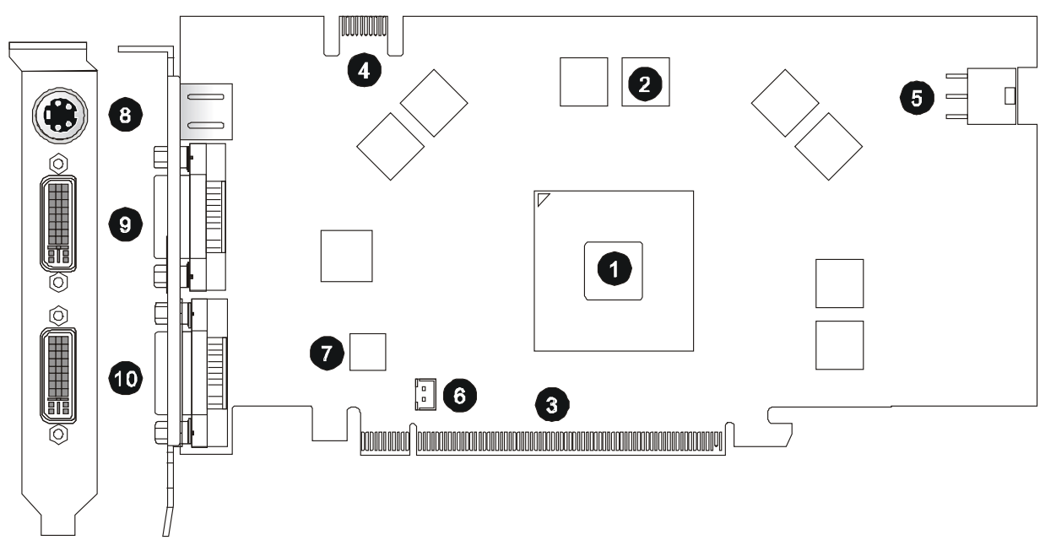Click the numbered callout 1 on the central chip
614,269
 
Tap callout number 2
644,82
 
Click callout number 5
916,96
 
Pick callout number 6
459,394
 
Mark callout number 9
125,224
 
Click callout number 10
125,378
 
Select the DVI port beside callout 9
57,224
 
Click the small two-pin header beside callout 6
422,393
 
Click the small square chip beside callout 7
367,352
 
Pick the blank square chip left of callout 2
583,82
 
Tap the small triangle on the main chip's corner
544,199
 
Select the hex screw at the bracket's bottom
58,434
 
